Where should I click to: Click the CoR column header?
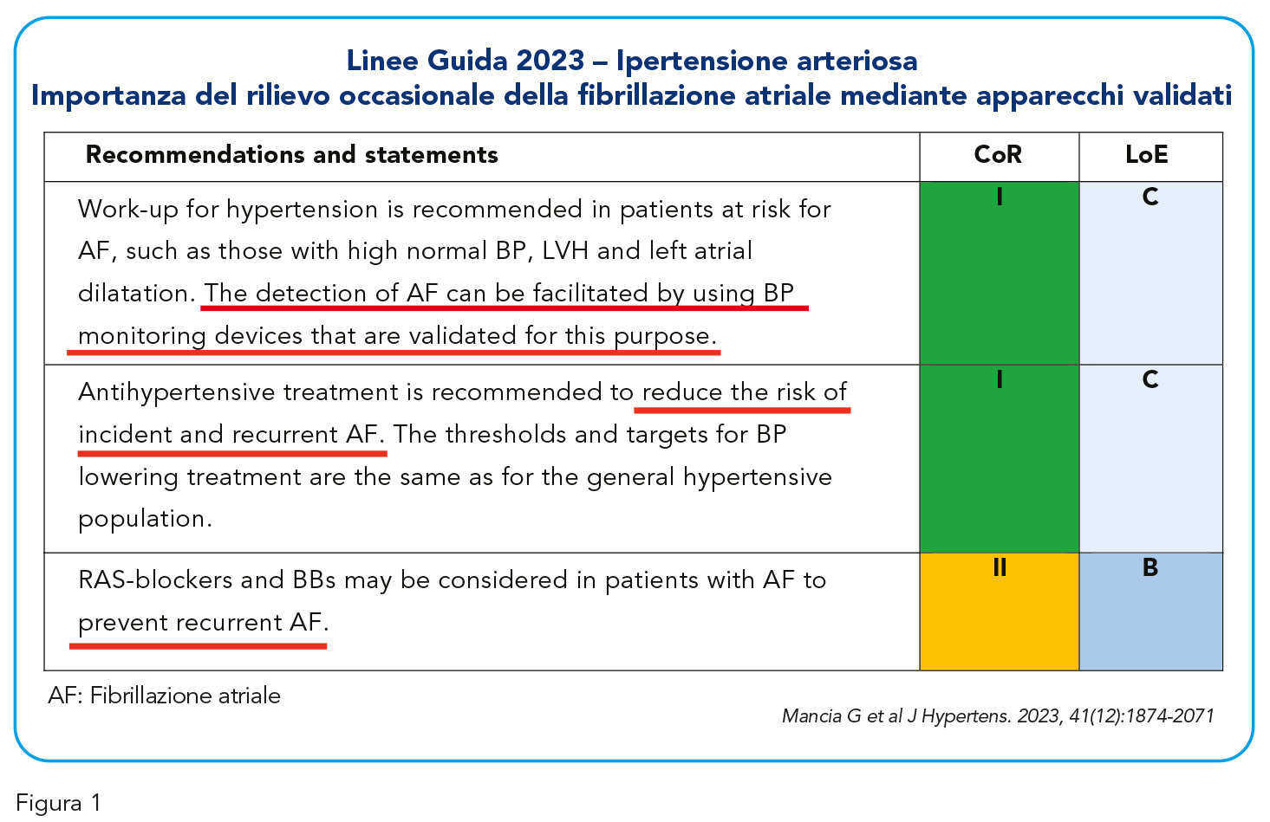[x=998, y=155]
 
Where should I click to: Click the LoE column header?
[x=1146, y=155]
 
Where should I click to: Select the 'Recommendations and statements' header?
[x=291, y=155]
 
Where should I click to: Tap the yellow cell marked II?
[x=999, y=612]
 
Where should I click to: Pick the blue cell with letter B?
[x=1151, y=612]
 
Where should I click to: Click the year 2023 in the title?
[x=550, y=61]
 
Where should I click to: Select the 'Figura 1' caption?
[x=58, y=803]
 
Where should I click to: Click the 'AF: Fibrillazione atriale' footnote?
[x=165, y=695]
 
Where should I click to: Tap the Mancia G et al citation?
[x=998, y=716]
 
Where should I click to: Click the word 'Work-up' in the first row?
[x=128, y=210]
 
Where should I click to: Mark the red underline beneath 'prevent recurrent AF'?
[x=198, y=646]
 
